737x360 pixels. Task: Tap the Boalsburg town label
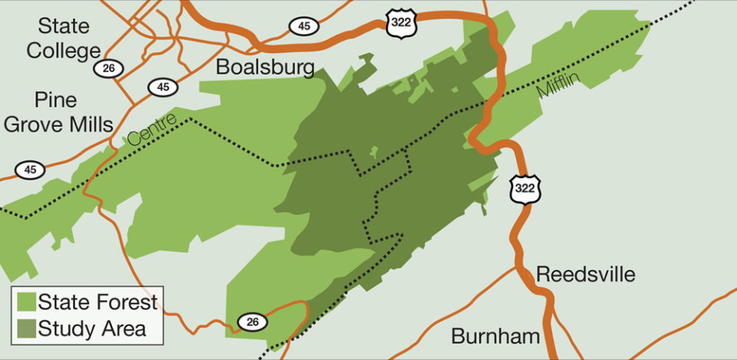tap(265, 67)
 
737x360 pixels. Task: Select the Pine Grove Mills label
tap(58, 112)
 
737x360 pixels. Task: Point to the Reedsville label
tap(586, 274)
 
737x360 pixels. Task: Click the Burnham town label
tap(495, 336)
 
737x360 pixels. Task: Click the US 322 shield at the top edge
tap(402, 21)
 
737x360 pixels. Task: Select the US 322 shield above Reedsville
tap(526, 188)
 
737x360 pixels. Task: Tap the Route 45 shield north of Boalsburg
tap(304, 26)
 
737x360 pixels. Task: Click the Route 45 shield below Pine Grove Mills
tap(30, 170)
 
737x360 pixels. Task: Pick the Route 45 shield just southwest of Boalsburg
tap(163, 87)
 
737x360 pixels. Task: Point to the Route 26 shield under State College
tap(108, 69)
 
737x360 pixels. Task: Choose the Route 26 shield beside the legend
tap(253, 322)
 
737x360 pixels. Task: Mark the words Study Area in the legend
tap(91, 329)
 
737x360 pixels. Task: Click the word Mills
tap(88, 124)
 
